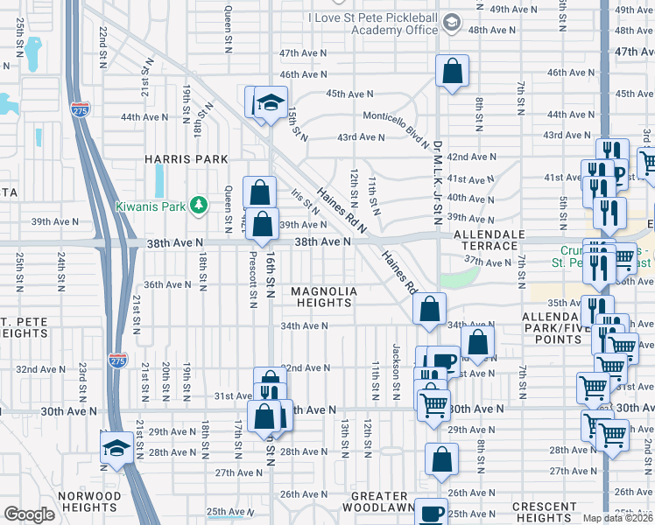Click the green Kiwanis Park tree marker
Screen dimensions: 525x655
[x=201, y=204]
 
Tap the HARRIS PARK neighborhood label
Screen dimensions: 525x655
[x=187, y=159]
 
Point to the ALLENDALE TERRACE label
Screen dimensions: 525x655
[x=489, y=241]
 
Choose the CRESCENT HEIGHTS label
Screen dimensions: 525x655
[x=544, y=513]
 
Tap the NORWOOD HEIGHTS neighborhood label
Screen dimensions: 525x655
[x=86, y=501]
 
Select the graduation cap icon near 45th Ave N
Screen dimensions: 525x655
[x=271, y=102]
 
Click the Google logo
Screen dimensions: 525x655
[x=29, y=514]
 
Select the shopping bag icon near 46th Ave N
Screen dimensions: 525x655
[x=452, y=73]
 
